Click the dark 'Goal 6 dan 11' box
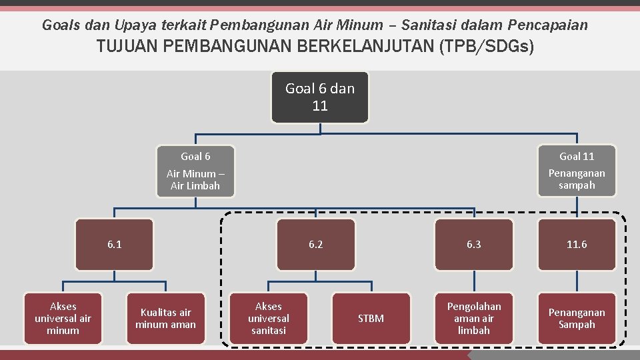[320, 97]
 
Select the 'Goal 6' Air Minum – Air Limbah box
[195, 171]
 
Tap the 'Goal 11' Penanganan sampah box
[577, 171]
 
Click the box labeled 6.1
[115, 245]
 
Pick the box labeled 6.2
[315, 245]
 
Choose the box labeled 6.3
[474, 245]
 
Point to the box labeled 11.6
[577, 245]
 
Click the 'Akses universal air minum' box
[63, 319]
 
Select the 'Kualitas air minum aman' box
[165, 319]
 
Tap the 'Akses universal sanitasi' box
[269, 319]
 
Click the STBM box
[371, 319]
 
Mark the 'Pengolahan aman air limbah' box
[474, 319]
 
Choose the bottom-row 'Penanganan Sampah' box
[577, 319]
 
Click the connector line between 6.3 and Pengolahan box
[474, 281]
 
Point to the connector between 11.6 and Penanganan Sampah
[577, 281]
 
